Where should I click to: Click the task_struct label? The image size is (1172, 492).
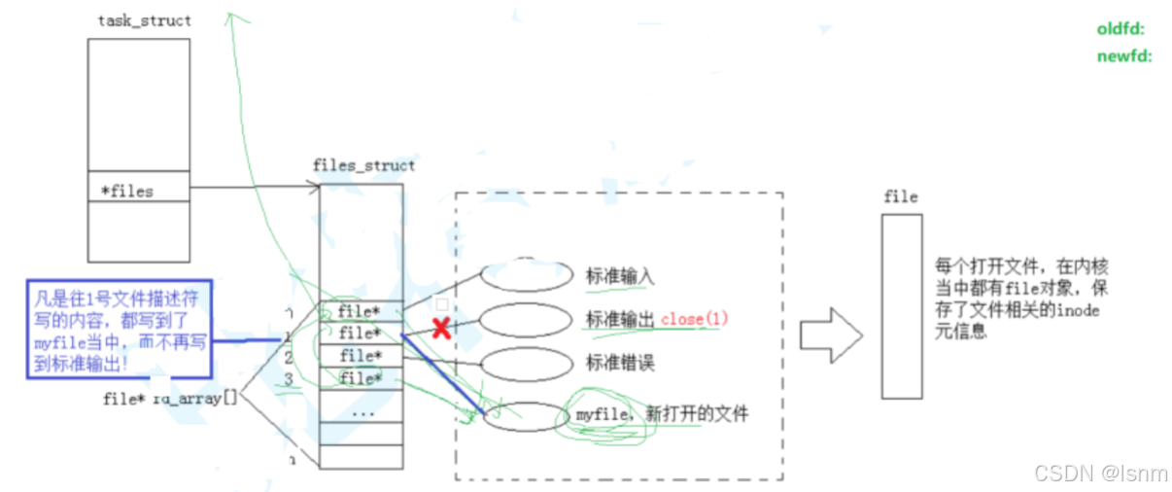145,20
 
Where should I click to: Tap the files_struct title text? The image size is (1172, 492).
363,165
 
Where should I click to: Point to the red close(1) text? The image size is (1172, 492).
695,319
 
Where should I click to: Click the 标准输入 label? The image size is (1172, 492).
620,275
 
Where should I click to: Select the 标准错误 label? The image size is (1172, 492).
620,363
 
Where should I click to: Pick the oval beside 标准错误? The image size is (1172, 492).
526,364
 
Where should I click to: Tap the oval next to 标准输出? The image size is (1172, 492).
526,319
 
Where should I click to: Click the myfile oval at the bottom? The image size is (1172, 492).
525,416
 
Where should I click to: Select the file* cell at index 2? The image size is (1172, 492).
360,356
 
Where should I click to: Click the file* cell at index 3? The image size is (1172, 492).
360,377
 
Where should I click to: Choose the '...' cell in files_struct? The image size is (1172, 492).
361,411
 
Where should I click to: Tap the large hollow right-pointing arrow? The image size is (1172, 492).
830,335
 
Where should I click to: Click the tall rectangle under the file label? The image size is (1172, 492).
901,306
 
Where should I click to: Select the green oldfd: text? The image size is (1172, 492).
1120,29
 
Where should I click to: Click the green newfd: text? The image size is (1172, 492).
1123,56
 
